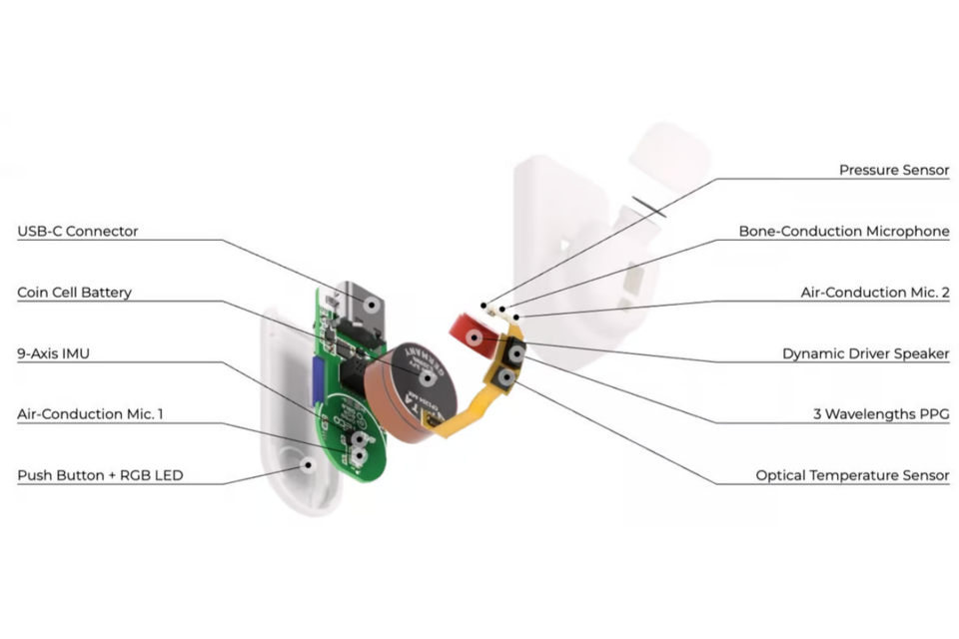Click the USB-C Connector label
(78, 232)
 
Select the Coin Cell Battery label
(75, 293)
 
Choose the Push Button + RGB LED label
(100, 475)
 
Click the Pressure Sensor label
(894, 171)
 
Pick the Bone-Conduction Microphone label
(844, 232)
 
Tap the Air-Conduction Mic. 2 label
(875, 293)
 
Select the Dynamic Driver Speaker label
(866, 353)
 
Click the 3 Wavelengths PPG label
(881, 414)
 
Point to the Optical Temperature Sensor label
(852, 475)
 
